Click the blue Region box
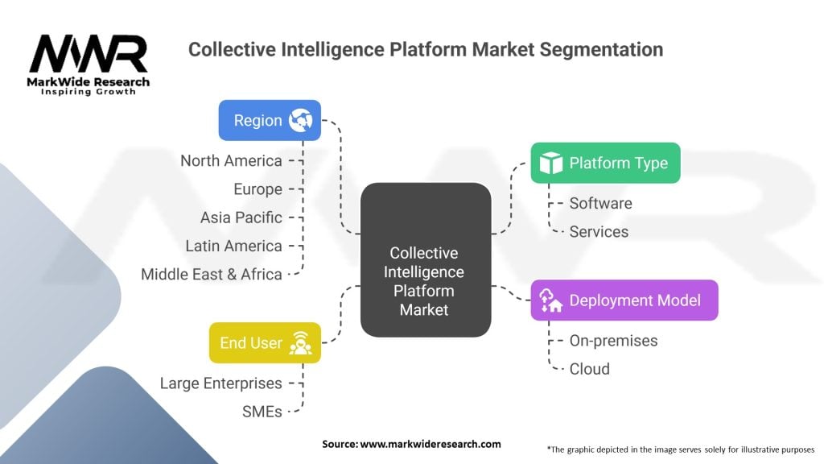click(x=270, y=120)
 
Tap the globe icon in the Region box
click(x=300, y=120)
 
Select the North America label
click(x=231, y=161)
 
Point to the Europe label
click(x=257, y=189)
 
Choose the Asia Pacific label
click(x=241, y=217)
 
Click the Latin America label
click(x=233, y=246)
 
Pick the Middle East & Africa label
click(x=212, y=274)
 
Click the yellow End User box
click(x=265, y=342)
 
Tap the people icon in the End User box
click(x=301, y=342)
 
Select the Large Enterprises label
click(x=220, y=383)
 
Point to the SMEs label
click(x=262, y=412)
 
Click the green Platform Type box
click(x=605, y=163)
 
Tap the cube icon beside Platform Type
click(x=551, y=163)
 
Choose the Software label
click(x=600, y=203)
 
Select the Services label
click(x=599, y=231)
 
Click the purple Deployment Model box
click(x=624, y=300)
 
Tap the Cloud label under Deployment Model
click(x=589, y=369)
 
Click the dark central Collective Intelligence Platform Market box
click(x=426, y=259)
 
